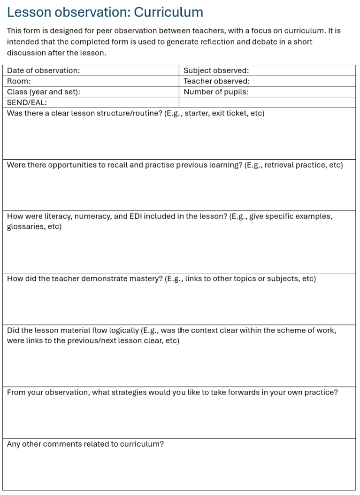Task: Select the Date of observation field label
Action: click(43, 70)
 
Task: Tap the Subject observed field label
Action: click(216, 70)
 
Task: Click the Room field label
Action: click(19, 81)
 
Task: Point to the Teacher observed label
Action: click(216, 81)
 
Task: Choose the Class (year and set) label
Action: click(43, 92)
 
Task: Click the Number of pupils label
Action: click(216, 92)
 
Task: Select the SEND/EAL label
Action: click(27, 102)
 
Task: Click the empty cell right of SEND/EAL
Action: click(267, 102)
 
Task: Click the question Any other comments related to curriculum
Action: click(85, 444)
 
